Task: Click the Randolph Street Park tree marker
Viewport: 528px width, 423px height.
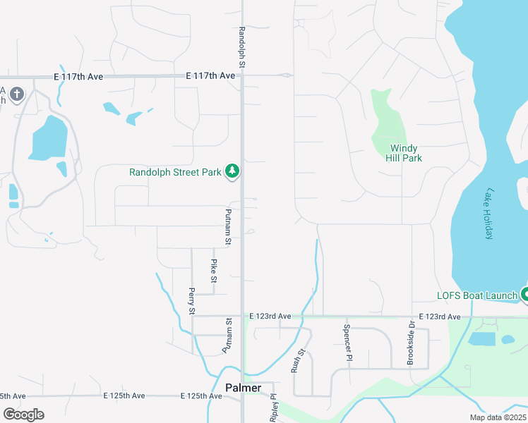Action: coord(232,171)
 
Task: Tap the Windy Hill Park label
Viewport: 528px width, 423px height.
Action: coord(407,153)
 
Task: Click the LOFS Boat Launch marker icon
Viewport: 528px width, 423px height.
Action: coord(524,294)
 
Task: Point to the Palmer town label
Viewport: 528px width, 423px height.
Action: coord(243,388)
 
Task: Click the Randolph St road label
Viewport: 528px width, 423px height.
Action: coord(242,47)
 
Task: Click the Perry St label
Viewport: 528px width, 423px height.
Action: coord(191,301)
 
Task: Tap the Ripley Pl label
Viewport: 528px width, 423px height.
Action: coord(274,407)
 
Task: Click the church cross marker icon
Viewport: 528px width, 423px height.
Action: coord(17,93)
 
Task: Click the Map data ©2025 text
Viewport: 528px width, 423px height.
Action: coord(497,417)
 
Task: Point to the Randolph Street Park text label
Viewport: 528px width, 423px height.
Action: coord(175,171)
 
